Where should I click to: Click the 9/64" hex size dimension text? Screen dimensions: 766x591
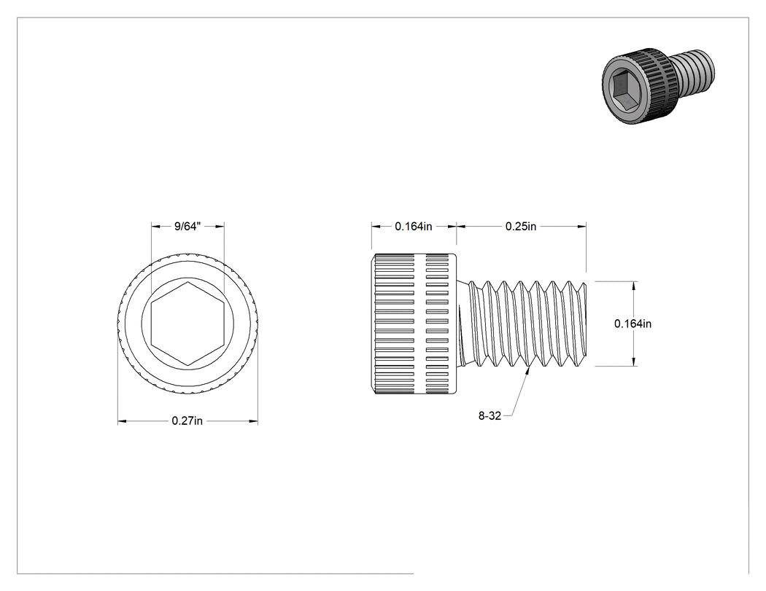187,227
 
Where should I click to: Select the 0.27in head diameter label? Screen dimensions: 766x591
187,420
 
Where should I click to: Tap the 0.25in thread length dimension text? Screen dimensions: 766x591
521,227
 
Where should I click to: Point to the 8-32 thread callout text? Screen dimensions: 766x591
490,416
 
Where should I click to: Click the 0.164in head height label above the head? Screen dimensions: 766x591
414,227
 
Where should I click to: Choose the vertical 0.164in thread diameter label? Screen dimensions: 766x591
632,324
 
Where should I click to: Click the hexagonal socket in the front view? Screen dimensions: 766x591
187,324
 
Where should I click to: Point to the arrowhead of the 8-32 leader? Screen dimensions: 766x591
528,371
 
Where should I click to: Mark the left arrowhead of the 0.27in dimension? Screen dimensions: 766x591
122,420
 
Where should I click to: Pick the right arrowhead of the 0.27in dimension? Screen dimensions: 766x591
254,420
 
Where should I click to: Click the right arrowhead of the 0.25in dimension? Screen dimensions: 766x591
582,226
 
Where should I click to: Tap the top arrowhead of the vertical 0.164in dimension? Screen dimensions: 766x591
634,286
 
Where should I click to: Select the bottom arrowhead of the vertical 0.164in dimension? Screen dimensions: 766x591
634,361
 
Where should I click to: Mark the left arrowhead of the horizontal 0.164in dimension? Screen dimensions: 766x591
376,226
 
